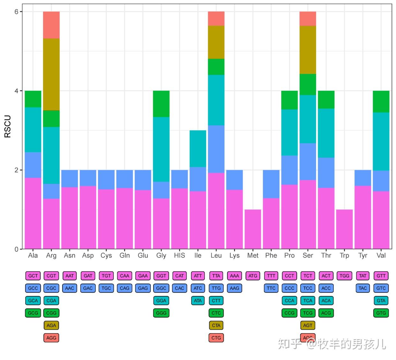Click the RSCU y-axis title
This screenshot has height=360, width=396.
coord(7,127)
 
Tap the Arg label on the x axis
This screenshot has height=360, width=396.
coord(51,255)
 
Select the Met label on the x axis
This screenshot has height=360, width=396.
coord(253,255)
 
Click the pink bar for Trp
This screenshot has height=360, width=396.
coord(344,229)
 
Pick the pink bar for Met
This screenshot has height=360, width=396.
coord(253,229)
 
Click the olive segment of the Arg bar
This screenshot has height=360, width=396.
coord(51,74)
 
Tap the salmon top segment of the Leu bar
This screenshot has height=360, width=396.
coord(216,19)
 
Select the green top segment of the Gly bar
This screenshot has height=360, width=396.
coord(161,104)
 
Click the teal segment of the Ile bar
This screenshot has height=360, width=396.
coord(198,148)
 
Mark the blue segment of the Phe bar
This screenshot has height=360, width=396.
coord(271,184)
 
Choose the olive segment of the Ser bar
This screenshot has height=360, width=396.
coord(308,50)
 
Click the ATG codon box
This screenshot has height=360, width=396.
coord(253,276)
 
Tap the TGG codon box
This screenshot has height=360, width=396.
coord(344,276)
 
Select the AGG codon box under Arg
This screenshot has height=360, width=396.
coord(51,338)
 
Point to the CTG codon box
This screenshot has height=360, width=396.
coord(216,338)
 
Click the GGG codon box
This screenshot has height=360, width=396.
coord(161,313)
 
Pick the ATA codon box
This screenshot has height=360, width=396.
coord(198,301)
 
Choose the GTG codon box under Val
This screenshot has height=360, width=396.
coord(381,313)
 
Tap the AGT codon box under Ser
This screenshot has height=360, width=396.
coord(308,325)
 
